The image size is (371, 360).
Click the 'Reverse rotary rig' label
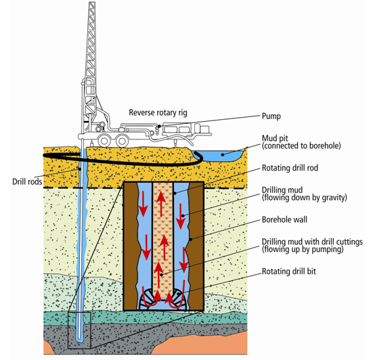tap(158, 112)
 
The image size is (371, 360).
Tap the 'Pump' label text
tap(271, 116)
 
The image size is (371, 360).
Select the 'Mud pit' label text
tap(275, 138)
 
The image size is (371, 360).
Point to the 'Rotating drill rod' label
tap(290, 168)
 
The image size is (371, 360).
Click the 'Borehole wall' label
tap(284, 220)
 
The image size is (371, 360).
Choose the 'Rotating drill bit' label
tap(288, 271)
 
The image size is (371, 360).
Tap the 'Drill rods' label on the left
tap(27, 181)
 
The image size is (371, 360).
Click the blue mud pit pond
tap(220, 155)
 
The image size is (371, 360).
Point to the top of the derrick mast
tap(92, 3)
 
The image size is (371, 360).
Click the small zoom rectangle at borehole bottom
tap(79, 330)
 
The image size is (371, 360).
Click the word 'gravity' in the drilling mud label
tap(334, 198)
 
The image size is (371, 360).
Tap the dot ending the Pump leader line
tap(160, 126)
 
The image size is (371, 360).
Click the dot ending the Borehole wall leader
tap(191, 240)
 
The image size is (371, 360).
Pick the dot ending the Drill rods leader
tap(80, 169)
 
